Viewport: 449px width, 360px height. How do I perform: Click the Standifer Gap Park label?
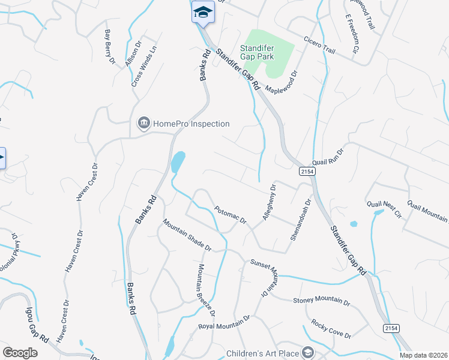tap(257, 52)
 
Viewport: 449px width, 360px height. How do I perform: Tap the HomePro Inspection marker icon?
tap(143, 124)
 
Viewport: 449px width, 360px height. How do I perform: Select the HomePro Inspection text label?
tap(191, 124)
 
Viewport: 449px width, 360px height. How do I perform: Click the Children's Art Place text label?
tap(262, 353)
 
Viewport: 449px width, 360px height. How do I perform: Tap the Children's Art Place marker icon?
tap(308, 353)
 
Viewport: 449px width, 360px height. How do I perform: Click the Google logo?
tap(20, 353)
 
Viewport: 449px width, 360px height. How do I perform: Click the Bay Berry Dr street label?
tap(110, 47)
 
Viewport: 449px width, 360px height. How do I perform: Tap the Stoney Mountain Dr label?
tap(321, 300)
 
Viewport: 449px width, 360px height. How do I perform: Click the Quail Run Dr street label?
tap(327, 157)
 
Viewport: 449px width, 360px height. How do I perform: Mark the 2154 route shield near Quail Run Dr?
tap(306, 172)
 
